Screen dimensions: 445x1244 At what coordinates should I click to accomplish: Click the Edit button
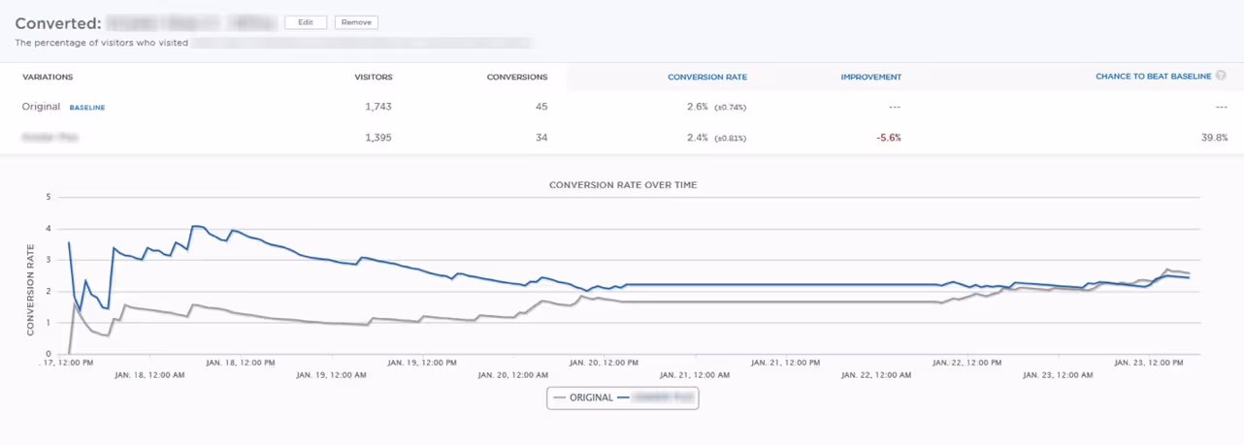[x=306, y=22]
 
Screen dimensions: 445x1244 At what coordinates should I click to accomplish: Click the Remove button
[x=356, y=22]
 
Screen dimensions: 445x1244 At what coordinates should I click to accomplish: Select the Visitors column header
[x=374, y=78]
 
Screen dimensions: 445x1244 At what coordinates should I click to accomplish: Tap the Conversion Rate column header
[x=707, y=78]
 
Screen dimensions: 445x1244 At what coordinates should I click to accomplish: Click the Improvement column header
[x=870, y=78]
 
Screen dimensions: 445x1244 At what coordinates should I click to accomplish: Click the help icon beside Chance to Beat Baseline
[x=1221, y=76]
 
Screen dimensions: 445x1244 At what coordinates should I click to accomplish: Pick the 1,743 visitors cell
[x=378, y=107]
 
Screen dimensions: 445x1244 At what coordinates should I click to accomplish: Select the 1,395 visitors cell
[x=378, y=138]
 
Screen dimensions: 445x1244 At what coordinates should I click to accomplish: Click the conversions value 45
[x=541, y=107]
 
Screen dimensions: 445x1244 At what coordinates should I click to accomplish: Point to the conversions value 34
[x=541, y=138]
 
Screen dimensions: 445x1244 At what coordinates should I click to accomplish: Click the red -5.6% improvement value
[x=888, y=138]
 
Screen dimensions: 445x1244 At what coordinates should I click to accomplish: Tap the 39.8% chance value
[x=1214, y=138]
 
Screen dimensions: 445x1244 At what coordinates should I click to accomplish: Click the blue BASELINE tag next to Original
[x=87, y=108]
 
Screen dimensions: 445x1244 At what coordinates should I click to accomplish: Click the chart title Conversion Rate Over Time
[x=622, y=184]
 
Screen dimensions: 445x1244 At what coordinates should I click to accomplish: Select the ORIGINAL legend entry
[x=582, y=397]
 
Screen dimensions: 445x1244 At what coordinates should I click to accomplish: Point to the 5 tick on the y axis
[x=48, y=197]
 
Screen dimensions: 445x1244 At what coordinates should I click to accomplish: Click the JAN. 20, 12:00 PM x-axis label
[x=604, y=363]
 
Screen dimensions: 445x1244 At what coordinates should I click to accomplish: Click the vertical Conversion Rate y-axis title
[x=30, y=290]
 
